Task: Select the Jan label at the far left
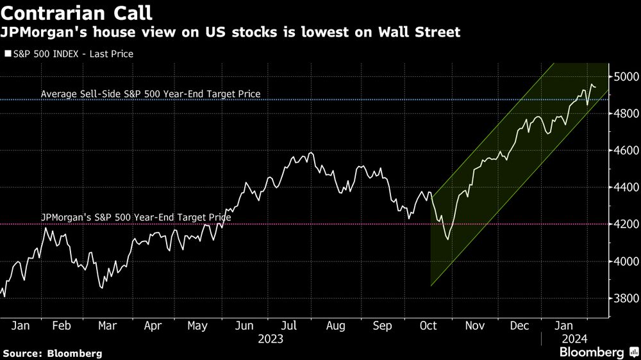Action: [21, 326]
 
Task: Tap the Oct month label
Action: [428, 326]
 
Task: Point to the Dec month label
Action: [520, 326]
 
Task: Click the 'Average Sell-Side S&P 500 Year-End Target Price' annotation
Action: [151, 94]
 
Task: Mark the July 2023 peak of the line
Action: [310, 153]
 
